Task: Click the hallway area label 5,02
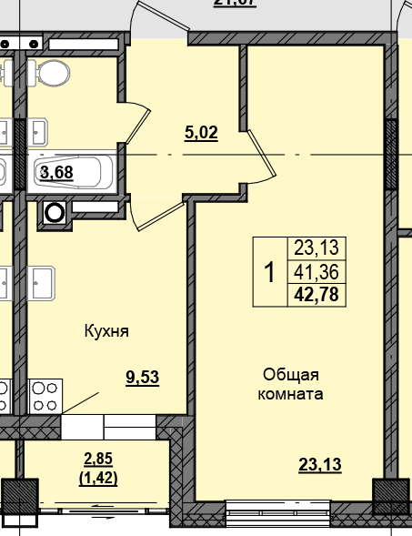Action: pos(201,133)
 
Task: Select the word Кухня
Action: pos(106,331)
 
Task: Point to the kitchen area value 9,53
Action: pos(142,379)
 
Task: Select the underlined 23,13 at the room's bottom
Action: pos(319,466)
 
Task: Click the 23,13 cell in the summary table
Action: pos(316,247)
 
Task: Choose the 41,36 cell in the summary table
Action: pos(316,270)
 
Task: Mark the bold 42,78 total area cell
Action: pos(316,293)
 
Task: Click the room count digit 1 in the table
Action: pos(269,270)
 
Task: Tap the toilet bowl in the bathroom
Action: pos(56,73)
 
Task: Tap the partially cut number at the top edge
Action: pos(235,4)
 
